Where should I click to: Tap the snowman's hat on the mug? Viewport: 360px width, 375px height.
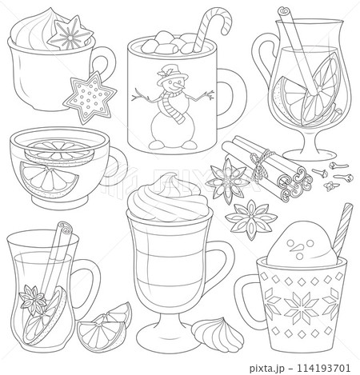tap(167, 71)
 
